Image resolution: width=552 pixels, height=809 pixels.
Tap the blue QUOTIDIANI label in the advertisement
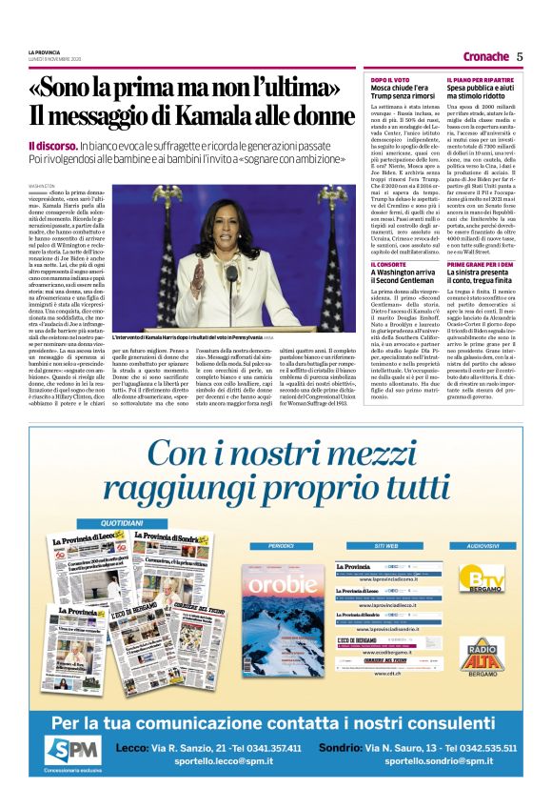coord(122,523)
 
